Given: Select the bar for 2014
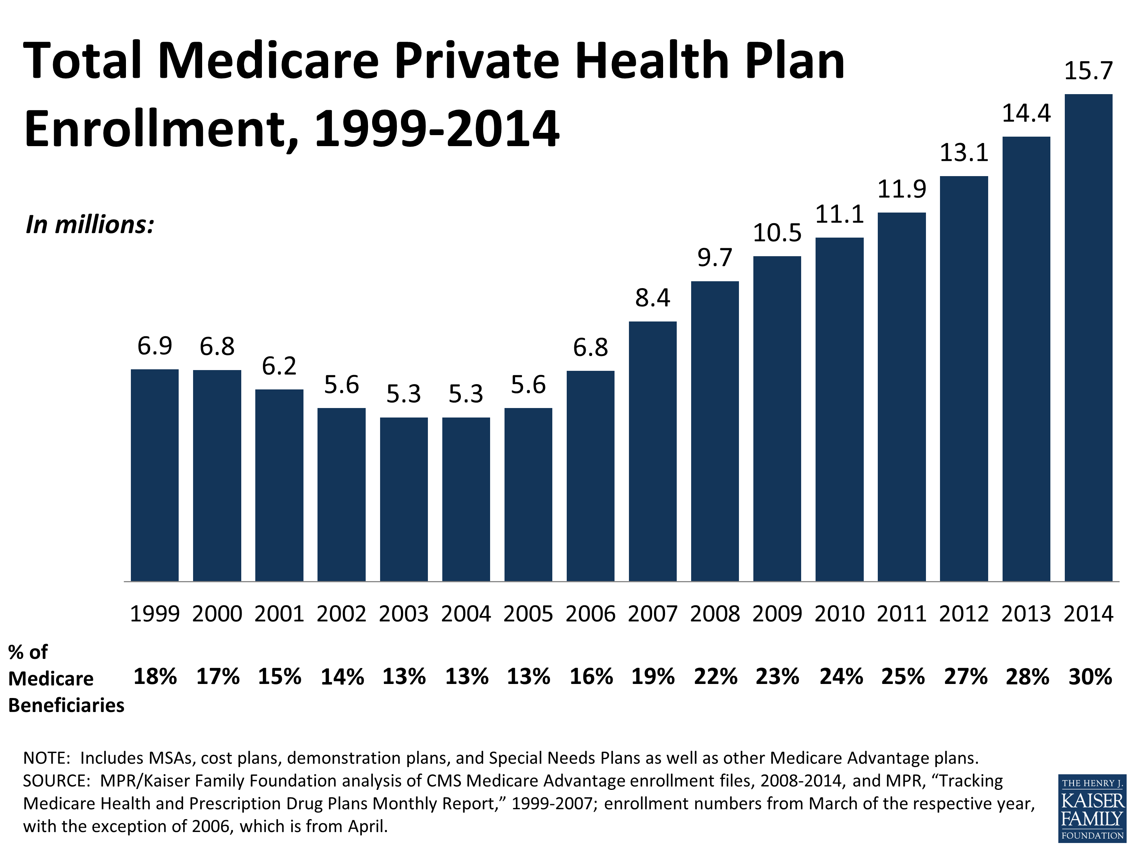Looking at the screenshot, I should (1088, 338).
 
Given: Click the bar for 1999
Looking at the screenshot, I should (154, 475).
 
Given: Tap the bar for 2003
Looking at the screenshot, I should (404, 499).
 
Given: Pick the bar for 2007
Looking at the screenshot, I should (652, 451).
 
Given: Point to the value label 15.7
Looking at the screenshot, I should (1088, 71).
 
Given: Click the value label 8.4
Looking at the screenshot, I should (652, 298).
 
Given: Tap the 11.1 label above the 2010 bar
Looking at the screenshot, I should (839, 214).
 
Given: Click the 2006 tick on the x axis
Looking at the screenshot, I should (590, 614).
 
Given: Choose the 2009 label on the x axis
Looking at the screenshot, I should (777, 614).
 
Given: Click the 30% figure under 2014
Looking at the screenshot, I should (1090, 677).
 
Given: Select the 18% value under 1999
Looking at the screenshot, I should (155, 677).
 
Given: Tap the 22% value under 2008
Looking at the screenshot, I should (715, 677).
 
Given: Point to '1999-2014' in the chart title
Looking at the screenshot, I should (436, 129).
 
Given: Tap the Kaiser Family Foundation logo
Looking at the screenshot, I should (1092, 808).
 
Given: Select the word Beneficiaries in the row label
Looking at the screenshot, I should (66, 705).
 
